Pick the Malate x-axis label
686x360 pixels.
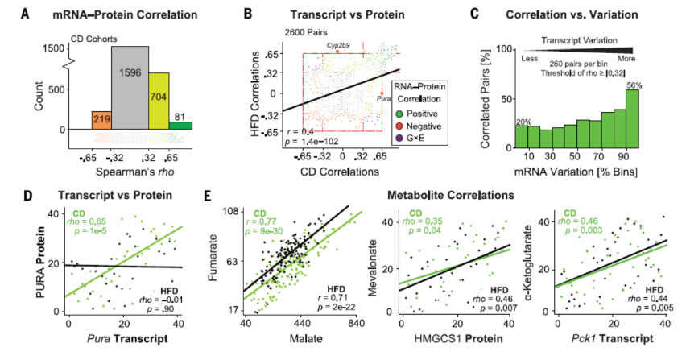click(x=300, y=347)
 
